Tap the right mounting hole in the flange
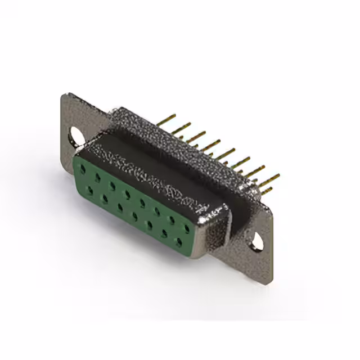(258, 241)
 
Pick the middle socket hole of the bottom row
(134, 217)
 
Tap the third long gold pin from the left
(196, 135)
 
